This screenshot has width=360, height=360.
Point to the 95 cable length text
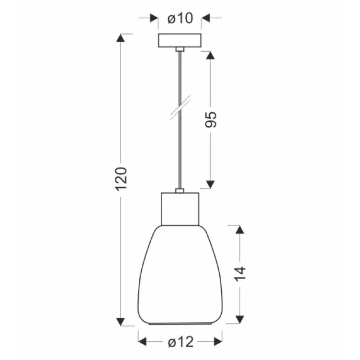tap(211, 119)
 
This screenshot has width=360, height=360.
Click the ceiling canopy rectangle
tap(180, 40)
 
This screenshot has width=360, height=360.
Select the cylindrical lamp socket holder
tap(180, 208)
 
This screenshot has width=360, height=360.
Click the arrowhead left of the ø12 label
tap(143, 342)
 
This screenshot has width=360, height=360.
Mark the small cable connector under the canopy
tap(180, 49)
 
